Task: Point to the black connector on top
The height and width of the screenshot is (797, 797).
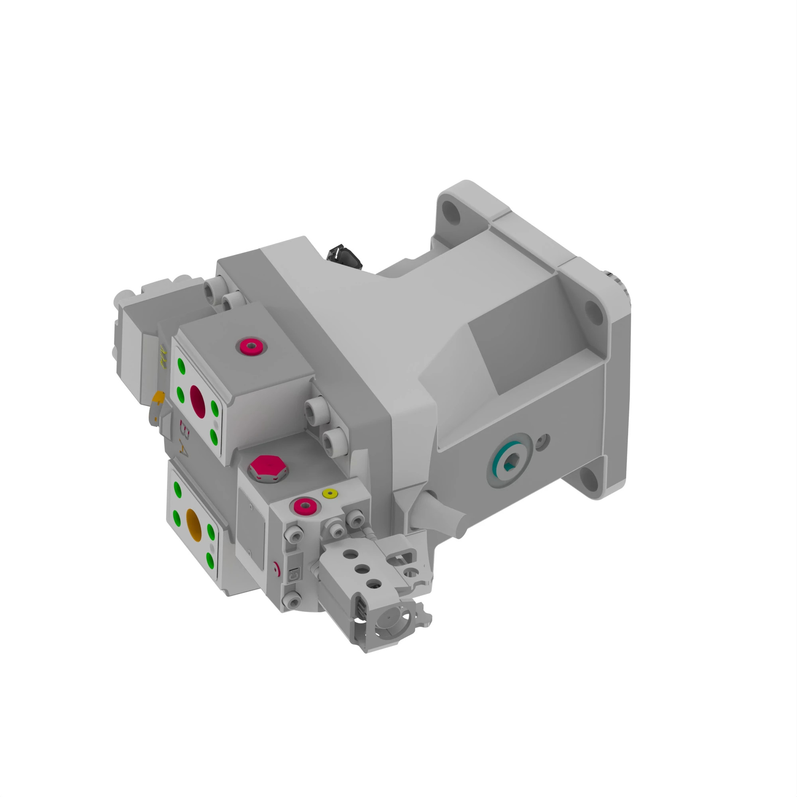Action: (344, 256)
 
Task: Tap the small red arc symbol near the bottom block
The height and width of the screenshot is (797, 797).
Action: (278, 570)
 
